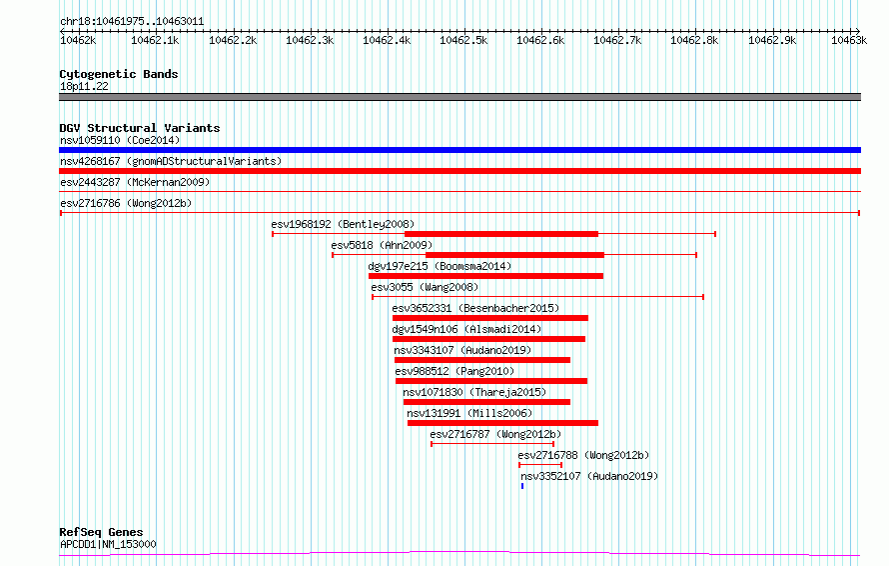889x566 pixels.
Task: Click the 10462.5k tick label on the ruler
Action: click(x=463, y=40)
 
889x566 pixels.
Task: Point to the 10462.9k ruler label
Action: click(x=772, y=40)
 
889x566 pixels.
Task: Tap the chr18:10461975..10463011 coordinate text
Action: click(x=132, y=22)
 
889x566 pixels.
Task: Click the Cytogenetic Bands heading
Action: click(x=119, y=74)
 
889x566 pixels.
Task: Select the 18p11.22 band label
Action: click(x=84, y=86)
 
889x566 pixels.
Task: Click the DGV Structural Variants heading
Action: click(x=140, y=128)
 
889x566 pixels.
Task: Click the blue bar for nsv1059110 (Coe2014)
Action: click(x=459, y=150)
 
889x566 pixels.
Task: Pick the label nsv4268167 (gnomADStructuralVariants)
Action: click(x=171, y=161)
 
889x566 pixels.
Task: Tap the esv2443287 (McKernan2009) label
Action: click(x=135, y=182)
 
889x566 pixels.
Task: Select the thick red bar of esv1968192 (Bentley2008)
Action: click(x=501, y=234)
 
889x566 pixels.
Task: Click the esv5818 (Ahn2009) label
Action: click(x=382, y=245)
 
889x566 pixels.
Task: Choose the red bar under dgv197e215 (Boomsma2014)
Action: click(x=485, y=276)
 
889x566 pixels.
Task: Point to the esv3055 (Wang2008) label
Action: click(x=425, y=287)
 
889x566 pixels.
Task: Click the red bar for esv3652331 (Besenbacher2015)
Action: click(x=489, y=318)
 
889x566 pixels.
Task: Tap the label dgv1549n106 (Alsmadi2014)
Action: click(x=466, y=329)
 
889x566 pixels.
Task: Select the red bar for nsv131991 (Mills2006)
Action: click(x=502, y=423)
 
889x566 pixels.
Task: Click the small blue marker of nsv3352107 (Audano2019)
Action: click(x=522, y=486)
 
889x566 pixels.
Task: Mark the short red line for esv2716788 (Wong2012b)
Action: click(x=540, y=465)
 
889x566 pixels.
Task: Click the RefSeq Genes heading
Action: click(x=101, y=532)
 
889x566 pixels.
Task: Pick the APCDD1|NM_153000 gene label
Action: click(x=108, y=544)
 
